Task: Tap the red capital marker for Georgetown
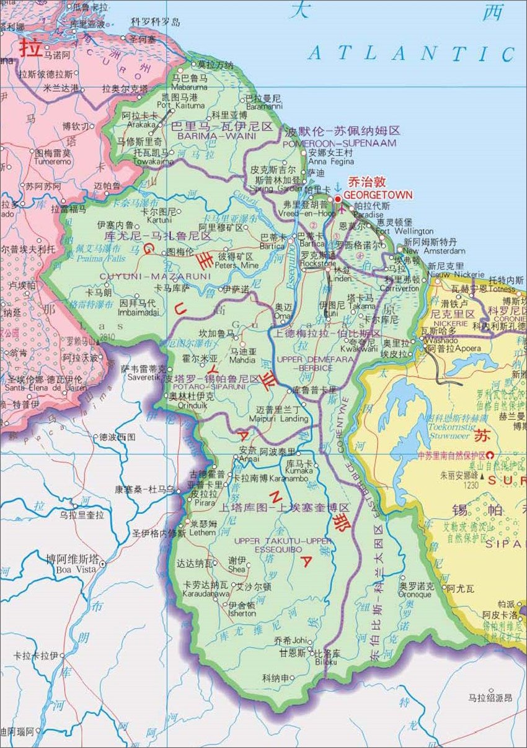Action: point(338,199)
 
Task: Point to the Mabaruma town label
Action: point(190,88)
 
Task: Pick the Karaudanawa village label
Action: point(206,593)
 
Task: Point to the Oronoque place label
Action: point(414,594)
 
